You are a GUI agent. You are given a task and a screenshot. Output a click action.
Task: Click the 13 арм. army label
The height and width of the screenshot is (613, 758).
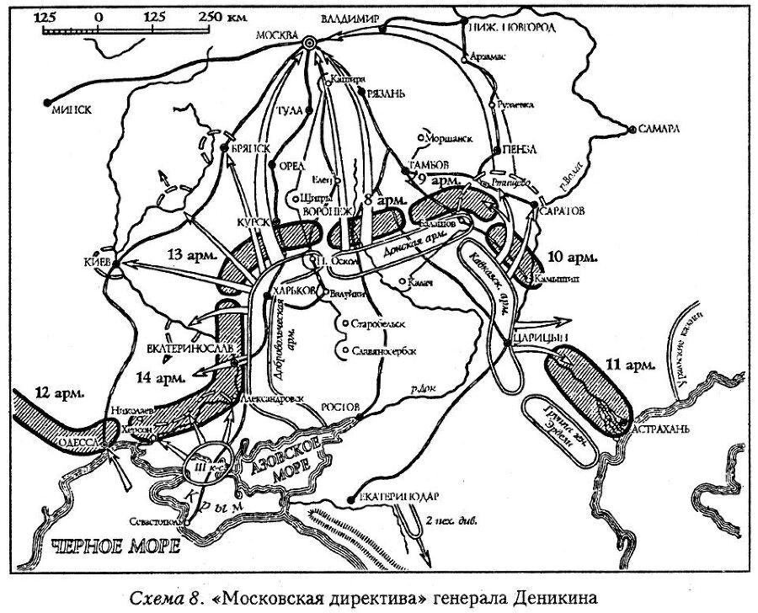190,253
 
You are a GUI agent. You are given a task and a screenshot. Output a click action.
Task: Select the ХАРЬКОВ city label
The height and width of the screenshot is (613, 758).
295,291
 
